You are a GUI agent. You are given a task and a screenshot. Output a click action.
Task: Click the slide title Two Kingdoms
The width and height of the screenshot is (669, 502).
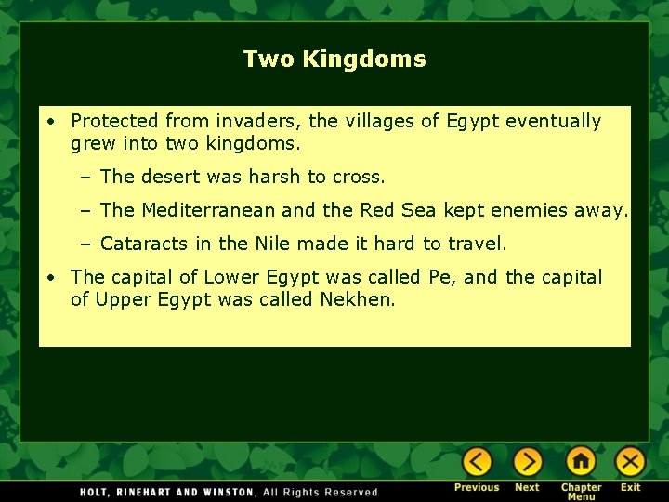coord(334,59)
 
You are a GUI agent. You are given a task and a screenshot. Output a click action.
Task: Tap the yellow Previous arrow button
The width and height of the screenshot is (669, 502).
coord(477,462)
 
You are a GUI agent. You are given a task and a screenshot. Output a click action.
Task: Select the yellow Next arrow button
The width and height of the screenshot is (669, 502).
coord(527,462)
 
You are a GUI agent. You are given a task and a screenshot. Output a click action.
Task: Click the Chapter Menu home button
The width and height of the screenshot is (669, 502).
coord(581,462)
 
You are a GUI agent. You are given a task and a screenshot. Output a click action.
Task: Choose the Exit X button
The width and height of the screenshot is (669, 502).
coord(630,462)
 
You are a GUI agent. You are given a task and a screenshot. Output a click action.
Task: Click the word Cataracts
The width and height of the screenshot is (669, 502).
coord(144,244)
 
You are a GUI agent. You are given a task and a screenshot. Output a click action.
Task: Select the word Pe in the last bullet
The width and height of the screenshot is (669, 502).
coord(438,277)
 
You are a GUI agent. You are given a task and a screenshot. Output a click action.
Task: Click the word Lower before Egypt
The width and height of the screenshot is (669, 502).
coord(231,277)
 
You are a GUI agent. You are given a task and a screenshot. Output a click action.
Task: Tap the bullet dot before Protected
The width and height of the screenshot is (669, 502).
coord(55,122)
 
